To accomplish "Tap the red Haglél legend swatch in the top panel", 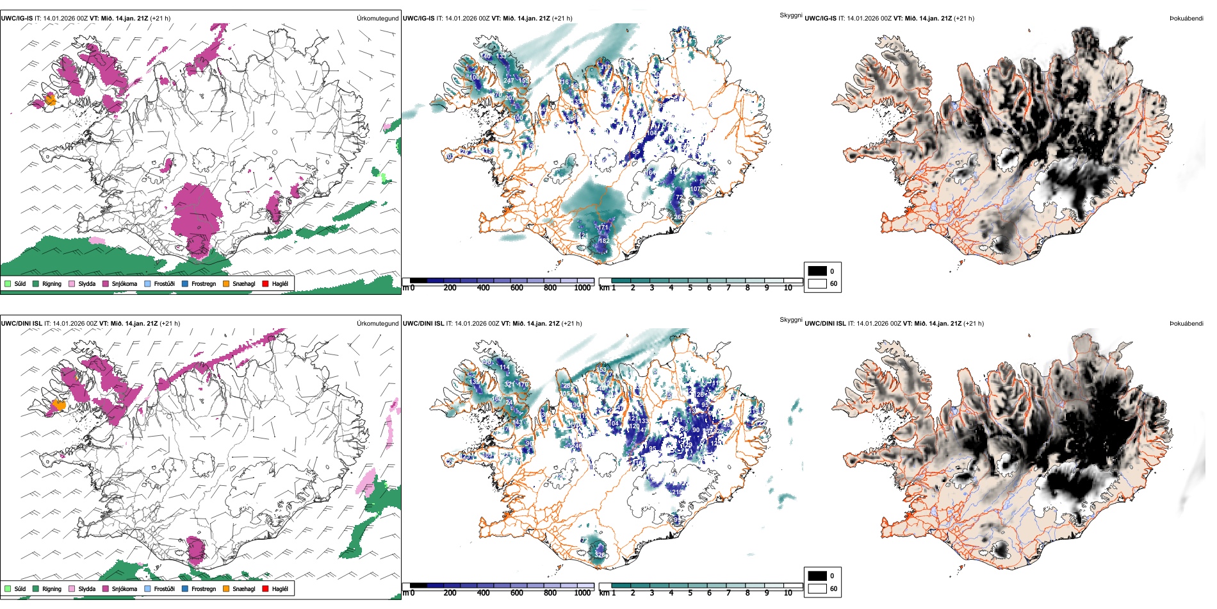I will click(265, 283).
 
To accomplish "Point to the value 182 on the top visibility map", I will click(604, 241).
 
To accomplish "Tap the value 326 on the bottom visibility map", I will click(600, 555).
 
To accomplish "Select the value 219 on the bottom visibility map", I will click(678, 492).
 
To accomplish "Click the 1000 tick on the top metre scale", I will click(582, 288).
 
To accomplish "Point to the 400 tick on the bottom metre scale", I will click(483, 593).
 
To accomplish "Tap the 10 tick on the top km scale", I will click(788, 288).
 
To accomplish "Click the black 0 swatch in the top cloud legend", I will click(817, 271).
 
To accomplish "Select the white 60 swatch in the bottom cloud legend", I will click(817, 588).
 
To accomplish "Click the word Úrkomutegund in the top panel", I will click(377, 19).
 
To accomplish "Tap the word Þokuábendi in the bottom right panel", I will click(1186, 324).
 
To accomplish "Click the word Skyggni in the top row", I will click(790, 15).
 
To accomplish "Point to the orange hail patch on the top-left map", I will click(51, 99).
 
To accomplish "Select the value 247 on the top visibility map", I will click(509, 81).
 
